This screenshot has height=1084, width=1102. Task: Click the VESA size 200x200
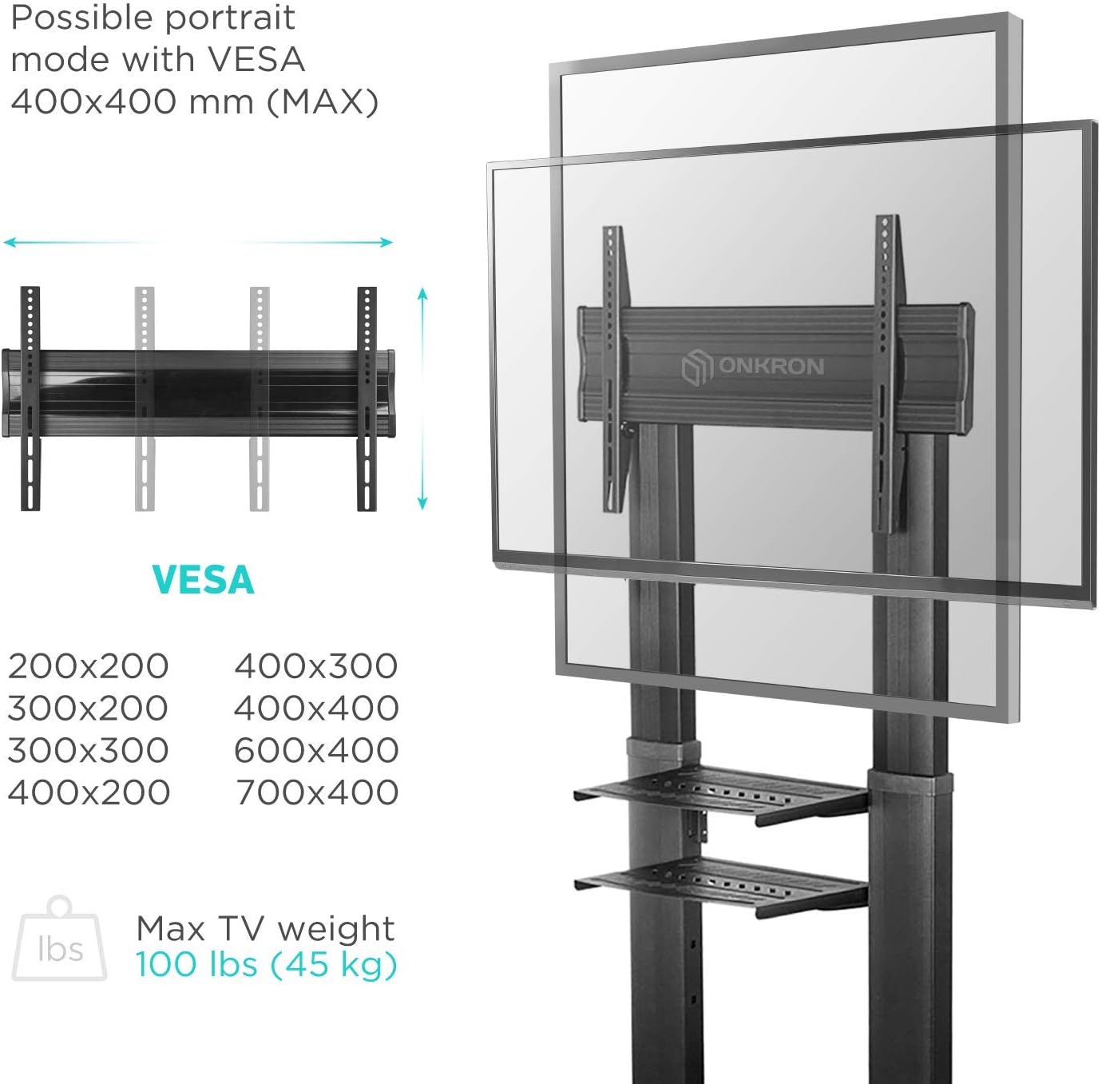89,666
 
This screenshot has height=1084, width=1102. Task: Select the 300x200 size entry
88,709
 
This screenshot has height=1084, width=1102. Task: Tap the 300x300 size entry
89,750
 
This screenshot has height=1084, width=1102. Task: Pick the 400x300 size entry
316,666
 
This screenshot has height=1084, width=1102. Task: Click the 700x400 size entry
317,792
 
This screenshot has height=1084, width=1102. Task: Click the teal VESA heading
203,580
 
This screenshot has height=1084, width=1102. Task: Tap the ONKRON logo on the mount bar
753,367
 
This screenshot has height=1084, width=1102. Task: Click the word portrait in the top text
231,18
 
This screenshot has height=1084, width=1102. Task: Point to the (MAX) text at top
323,102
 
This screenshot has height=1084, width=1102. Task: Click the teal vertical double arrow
422,399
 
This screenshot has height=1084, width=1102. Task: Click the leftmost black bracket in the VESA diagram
30,399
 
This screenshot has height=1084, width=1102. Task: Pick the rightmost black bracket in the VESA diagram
367,399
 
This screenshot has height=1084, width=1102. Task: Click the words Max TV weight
265,929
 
